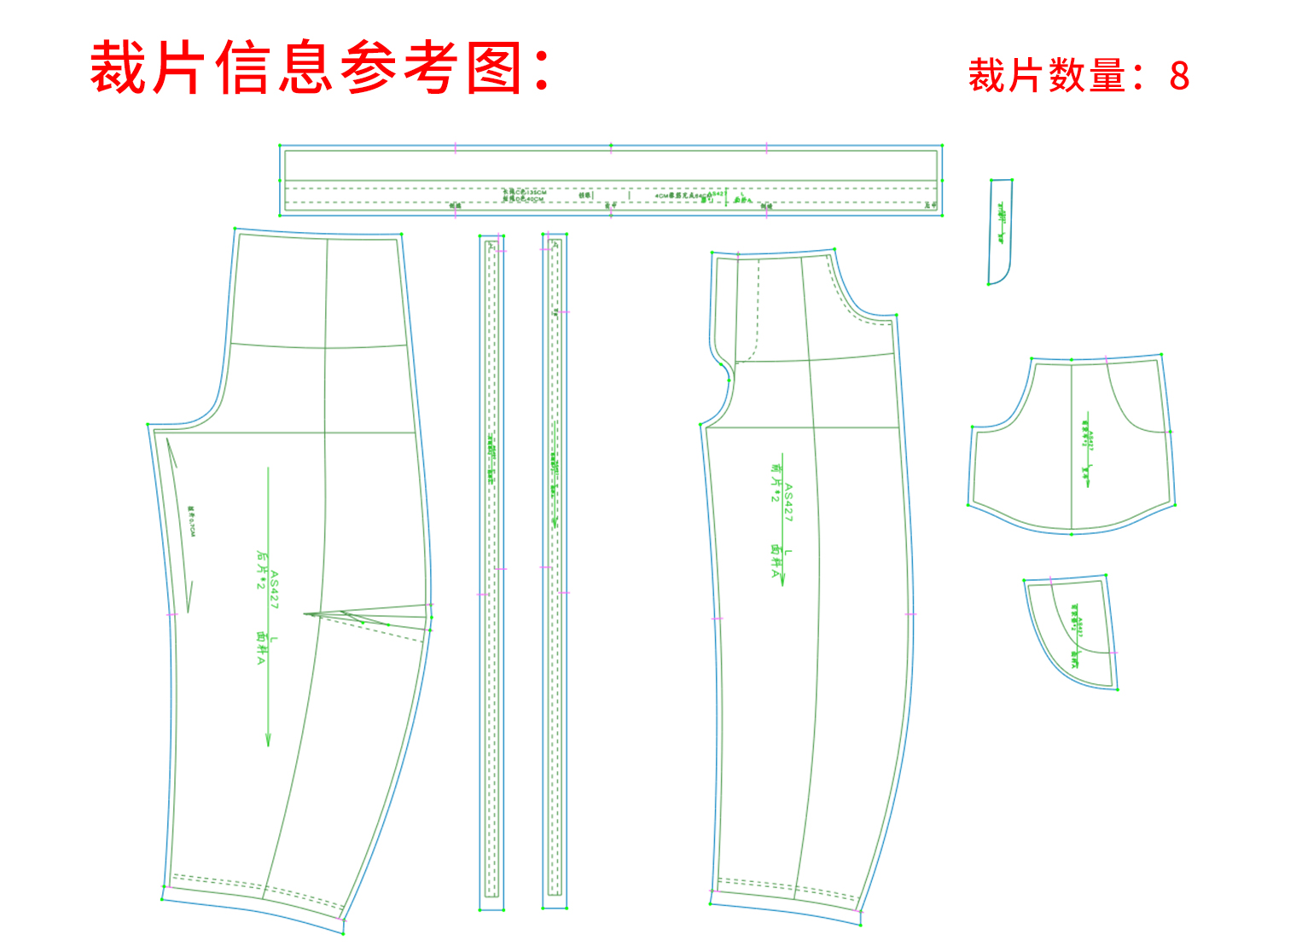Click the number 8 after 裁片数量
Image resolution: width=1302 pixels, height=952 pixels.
1179,76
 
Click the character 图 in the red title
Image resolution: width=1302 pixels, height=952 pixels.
495,68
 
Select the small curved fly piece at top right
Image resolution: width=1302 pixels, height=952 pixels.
1000,230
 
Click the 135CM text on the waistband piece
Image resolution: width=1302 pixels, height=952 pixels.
534,193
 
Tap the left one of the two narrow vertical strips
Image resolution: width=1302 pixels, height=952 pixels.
491,572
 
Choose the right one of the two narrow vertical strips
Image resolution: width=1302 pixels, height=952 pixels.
555,572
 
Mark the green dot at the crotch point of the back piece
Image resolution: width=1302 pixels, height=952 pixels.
148,424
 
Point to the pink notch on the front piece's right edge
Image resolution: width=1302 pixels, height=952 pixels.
910,614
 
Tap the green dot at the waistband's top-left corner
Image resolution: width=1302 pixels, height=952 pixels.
280,146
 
